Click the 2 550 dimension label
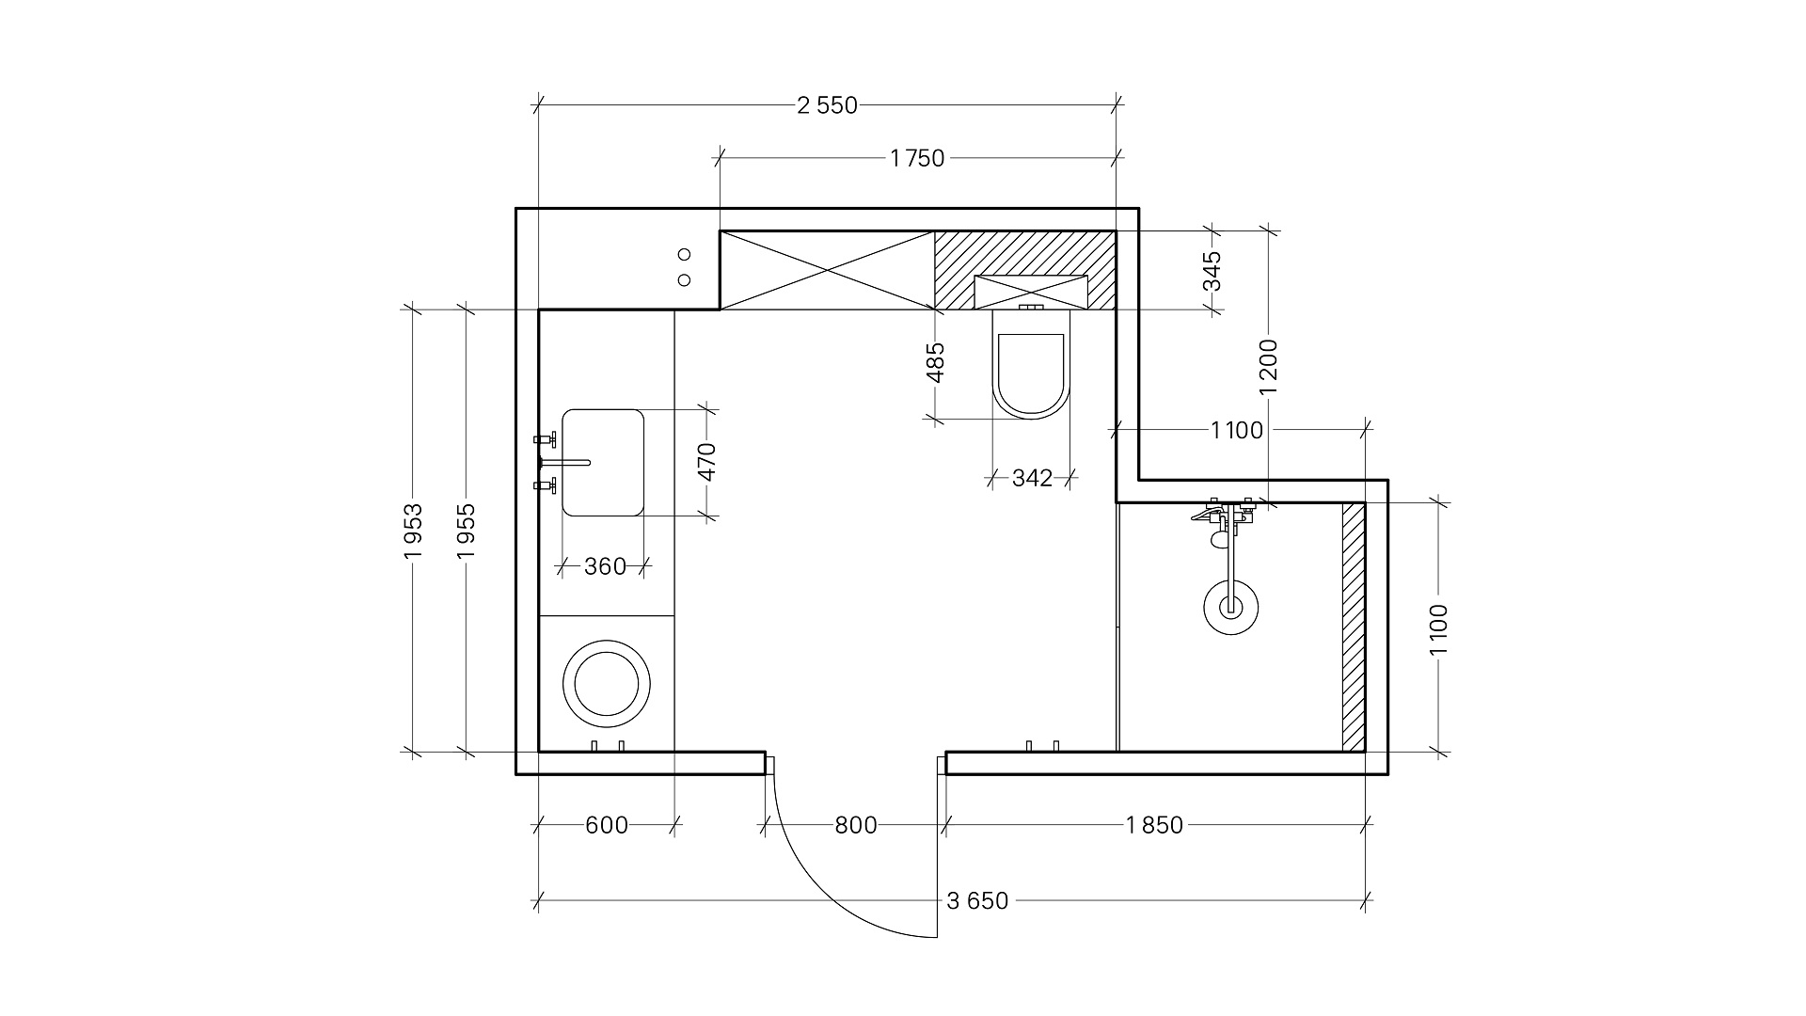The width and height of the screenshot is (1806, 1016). click(x=828, y=105)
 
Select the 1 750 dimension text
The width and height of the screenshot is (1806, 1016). click(x=917, y=158)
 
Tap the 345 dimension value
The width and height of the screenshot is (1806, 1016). click(x=1212, y=271)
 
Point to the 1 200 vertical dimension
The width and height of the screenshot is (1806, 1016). click(x=1269, y=366)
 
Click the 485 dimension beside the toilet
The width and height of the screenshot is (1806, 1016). click(x=935, y=363)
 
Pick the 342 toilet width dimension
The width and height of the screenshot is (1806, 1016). click(x=1032, y=479)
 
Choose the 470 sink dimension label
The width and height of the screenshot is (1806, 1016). click(x=707, y=462)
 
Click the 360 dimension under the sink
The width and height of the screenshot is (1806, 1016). click(x=605, y=566)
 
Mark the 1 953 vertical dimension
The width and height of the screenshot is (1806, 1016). click(x=413, y=531)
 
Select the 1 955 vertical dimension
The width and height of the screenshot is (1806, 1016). click(x=466, y=531)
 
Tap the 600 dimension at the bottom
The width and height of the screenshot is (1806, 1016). click(x=607, y=825)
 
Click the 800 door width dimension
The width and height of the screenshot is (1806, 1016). click(x=856, y=825)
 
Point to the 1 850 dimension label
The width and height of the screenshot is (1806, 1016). click(x=1154, y=825)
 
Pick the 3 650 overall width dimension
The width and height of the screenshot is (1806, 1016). click(x=977, y=901)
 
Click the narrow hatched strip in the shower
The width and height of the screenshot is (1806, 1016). click(x=1353, y=627)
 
